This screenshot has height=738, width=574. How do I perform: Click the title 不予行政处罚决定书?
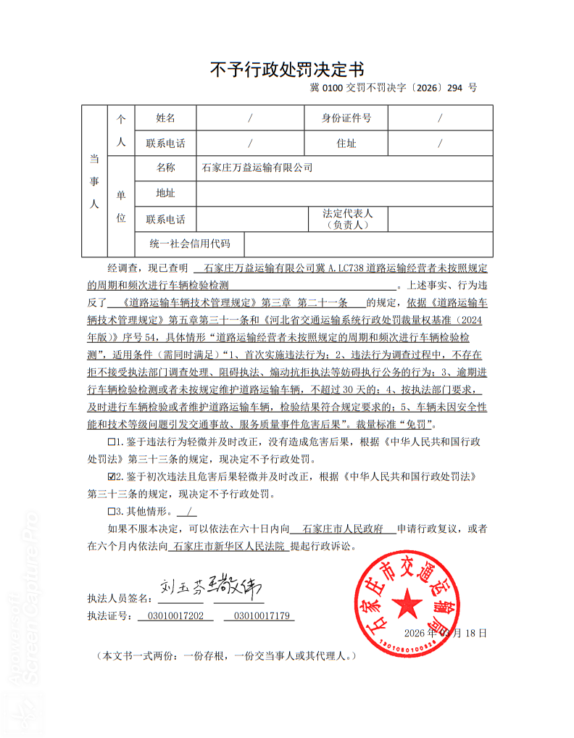(286, 70)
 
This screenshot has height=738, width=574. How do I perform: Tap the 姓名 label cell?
(165, 118)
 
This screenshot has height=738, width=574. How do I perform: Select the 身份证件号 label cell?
(346, 118)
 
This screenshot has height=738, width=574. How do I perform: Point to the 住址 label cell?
(346, 144)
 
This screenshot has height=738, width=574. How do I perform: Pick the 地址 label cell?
(165, 194)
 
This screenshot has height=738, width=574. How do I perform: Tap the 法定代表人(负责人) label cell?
(347, 219)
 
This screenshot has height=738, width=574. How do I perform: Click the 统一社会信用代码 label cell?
(189, 244)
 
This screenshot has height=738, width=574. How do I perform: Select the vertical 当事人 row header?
(93, 181)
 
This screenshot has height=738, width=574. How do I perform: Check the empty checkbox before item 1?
(111, 441)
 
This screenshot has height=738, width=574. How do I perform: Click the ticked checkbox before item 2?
(111, 477)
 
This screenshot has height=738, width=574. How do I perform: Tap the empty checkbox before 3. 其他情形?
(111, 513)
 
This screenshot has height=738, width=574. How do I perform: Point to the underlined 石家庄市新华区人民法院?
(229, 547)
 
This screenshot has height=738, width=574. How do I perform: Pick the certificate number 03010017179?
(259, 617)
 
